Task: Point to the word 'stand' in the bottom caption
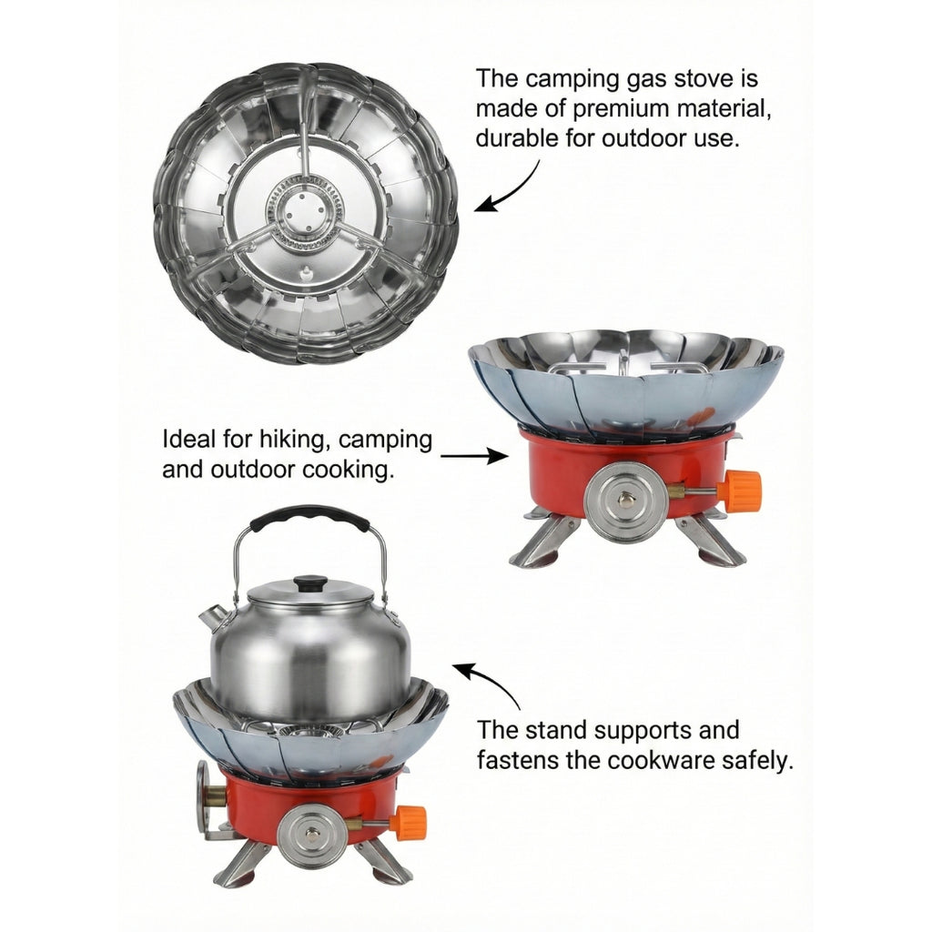[565, 731]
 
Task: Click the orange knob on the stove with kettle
[409, 823]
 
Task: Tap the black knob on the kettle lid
[310, 582]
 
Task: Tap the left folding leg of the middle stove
[543, 543]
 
